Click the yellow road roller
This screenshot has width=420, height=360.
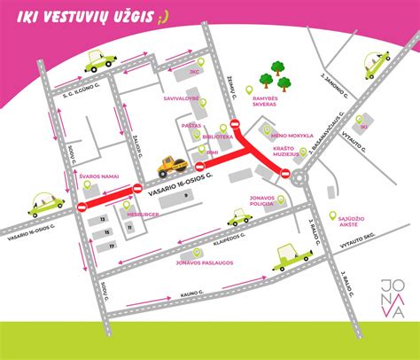[170, 164]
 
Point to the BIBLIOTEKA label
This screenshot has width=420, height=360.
[217, 137]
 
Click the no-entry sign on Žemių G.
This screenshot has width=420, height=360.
[235, 124]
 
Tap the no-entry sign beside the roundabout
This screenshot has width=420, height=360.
[285, 175]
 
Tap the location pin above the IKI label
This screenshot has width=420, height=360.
[364, 114]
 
